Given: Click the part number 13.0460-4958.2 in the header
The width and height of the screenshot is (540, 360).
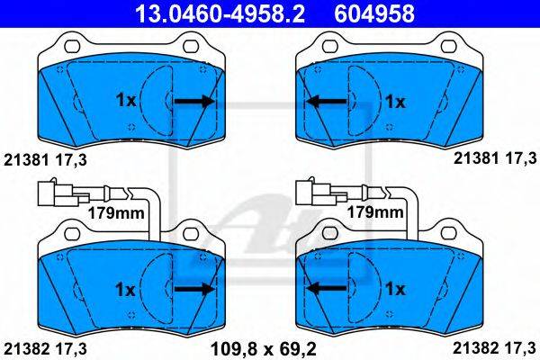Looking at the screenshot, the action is pyautogui.click(x=220, y=13).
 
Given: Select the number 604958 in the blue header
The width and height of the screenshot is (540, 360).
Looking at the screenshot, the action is pyautogui.click(x=374, y=13).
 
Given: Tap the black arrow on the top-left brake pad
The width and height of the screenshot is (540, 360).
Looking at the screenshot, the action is pyautogui.click(x=194, y=101).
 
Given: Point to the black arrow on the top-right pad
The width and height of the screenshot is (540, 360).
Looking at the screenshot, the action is pyautogui.click(x=326, y=102).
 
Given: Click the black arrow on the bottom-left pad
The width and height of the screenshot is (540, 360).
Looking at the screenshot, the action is pyautogui.click(x=194, y=289).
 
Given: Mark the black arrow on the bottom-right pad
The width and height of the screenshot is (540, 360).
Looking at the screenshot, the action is pyautogui.click(x=326, y=289).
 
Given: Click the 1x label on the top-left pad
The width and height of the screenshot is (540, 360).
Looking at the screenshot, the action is pyautogui.click(x=126, y=100).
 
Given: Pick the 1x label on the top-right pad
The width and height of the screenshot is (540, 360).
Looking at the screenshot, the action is pyautogui.click(x=395, y=102).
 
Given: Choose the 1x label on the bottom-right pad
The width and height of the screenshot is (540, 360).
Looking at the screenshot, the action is pyautogui.click(x=395, y=289).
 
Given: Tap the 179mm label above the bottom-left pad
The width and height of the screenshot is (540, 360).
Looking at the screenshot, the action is pyautogui.click(x=116, y=213).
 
